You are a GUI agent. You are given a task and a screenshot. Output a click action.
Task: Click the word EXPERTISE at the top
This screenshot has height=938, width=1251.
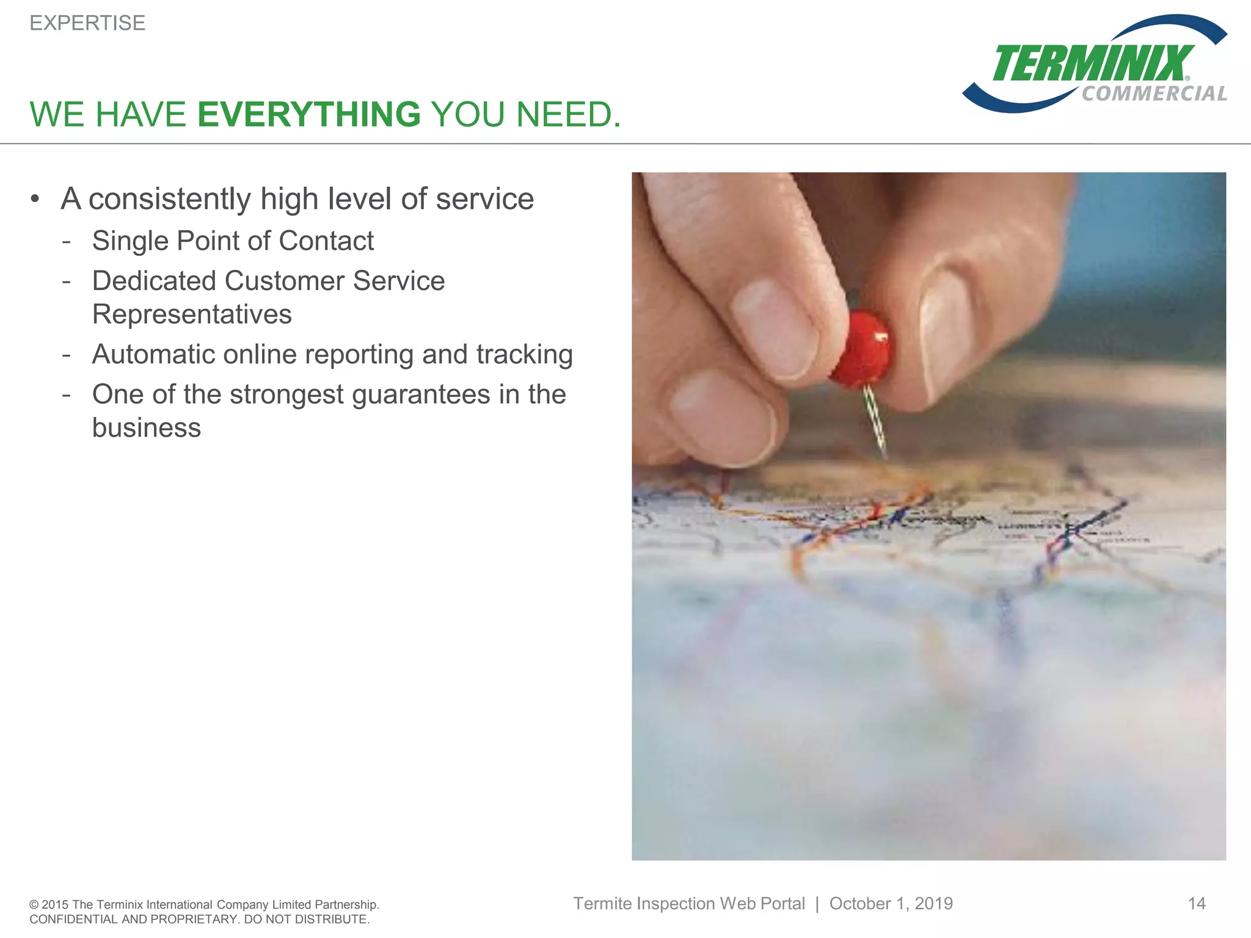coord(87,23)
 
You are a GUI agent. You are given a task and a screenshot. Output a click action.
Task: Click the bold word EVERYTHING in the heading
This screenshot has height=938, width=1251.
coord(309,115)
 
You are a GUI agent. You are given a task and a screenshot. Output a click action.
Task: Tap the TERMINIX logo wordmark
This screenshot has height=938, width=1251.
coord(1092,64)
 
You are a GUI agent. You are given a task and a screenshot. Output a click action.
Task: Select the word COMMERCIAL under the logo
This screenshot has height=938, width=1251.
coord(1154,93)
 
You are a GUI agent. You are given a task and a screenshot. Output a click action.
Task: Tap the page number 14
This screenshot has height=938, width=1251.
coord(1196,904)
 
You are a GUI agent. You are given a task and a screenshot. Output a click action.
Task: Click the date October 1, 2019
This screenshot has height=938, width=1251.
coord(891,904)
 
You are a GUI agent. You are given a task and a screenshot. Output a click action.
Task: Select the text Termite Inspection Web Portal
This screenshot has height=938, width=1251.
coord(688,904)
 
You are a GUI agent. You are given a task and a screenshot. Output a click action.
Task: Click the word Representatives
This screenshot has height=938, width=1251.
coord(192,314)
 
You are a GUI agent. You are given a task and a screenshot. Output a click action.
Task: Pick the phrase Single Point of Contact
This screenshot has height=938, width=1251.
coord(233,241)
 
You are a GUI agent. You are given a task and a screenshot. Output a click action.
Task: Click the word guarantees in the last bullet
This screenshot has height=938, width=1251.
coord(421,394)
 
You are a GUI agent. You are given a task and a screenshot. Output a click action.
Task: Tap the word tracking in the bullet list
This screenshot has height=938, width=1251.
coord(524,355)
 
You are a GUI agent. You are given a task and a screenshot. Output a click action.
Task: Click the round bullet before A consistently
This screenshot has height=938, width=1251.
coord(35,199)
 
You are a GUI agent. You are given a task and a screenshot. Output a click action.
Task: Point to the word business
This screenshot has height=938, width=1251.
coord(147,428)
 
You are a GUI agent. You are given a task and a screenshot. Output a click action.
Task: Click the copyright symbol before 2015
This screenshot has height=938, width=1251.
coord(34,905)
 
